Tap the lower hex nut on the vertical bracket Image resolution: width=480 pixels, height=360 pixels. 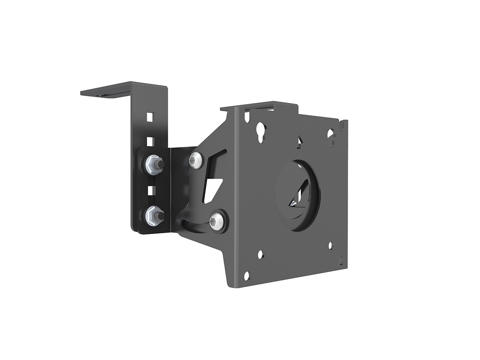tap(153, 216)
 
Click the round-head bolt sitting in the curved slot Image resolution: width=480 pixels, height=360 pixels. tap(216, 220)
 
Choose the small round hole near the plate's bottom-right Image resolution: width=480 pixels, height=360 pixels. tap(330, 245)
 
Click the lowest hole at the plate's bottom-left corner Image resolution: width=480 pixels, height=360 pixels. tap(246, 276)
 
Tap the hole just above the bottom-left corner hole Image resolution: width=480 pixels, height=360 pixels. tap(260, 254)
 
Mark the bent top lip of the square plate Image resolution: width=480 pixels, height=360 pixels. tap(260, 107)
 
